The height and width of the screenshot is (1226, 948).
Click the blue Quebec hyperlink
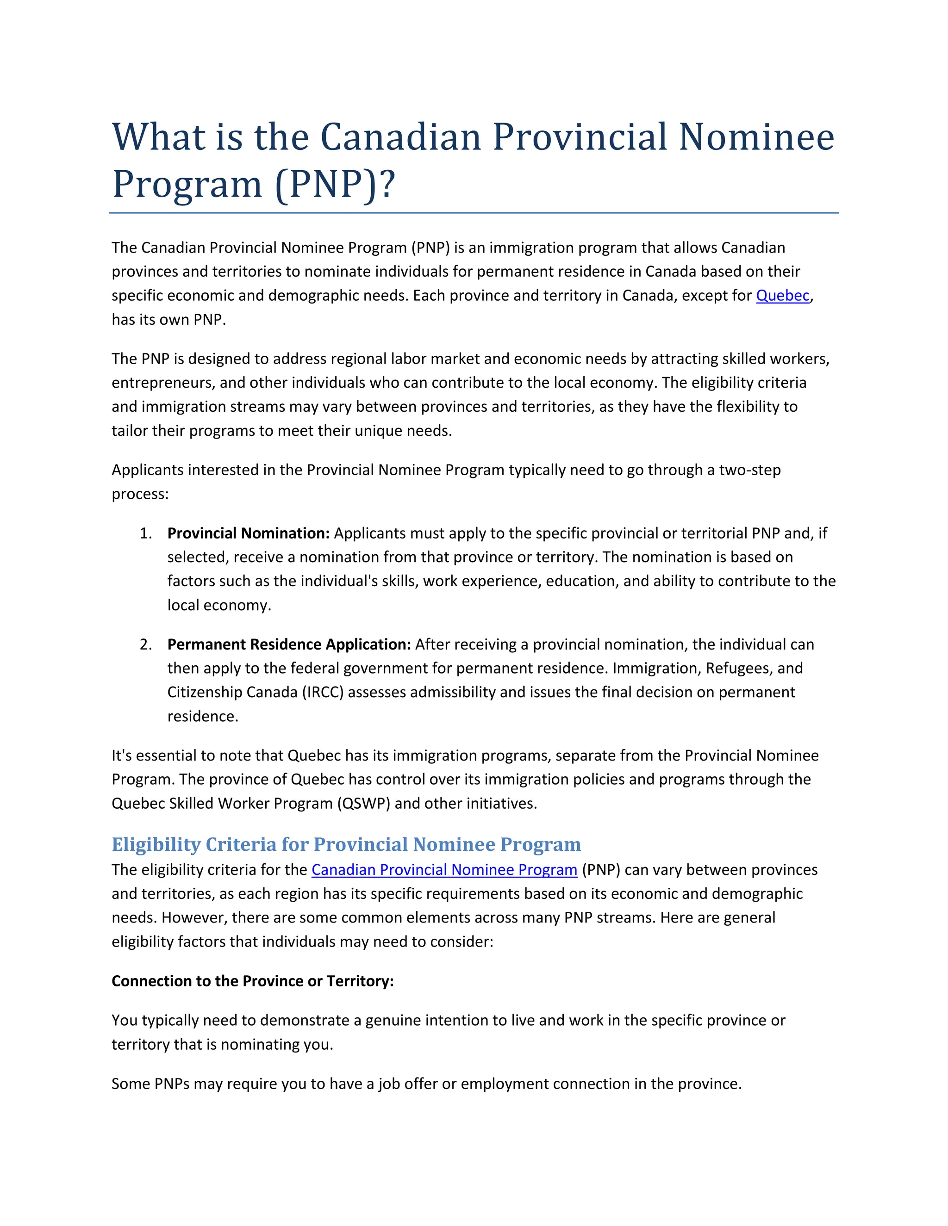point(782,295)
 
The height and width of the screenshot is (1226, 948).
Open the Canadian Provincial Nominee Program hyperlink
point(444,870)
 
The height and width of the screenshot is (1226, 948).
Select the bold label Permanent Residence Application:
point(289,644)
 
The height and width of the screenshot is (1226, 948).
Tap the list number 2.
point(145,644)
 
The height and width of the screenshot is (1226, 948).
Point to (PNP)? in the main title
point(335,184)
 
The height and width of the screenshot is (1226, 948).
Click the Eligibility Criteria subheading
point(346,844)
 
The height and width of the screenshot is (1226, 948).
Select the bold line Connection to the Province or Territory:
point(253,981)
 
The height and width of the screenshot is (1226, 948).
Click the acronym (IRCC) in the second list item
point(323,692)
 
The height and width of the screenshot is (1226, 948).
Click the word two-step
point(750,470)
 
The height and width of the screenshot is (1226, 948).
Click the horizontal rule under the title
point(474,213)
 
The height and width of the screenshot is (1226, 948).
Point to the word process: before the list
point(140,494)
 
